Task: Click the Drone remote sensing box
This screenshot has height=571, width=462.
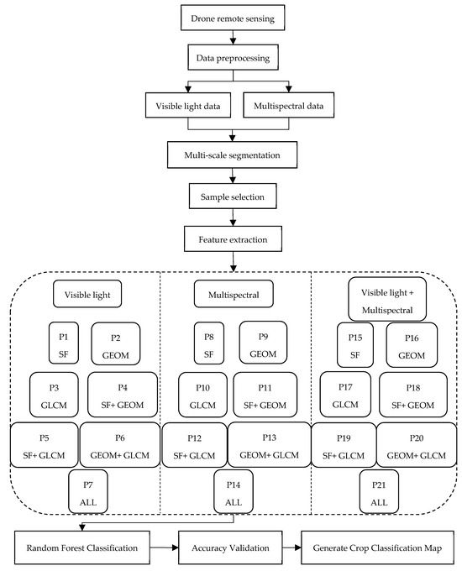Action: (233, 18)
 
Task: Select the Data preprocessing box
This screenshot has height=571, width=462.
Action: (233, 57)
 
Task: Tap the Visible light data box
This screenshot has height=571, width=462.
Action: (188, 105)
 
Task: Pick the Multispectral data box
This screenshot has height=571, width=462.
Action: (289, 105)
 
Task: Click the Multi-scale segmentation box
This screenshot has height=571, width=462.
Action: (232, 155)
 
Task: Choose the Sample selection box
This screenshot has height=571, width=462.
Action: (233, 196)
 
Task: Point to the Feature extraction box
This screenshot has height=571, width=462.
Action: (233, 238)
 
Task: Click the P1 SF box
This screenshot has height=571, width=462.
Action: (64, 343)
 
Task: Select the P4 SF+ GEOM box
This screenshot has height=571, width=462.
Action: (123, 395)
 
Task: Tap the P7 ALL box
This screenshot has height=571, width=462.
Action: (88, 491)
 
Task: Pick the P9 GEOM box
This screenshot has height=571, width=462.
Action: (263, 343)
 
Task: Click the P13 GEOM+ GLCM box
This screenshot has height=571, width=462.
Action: (270, 445)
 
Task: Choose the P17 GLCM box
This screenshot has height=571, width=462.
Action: (345, 395)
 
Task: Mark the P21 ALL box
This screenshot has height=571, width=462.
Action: (379, 491)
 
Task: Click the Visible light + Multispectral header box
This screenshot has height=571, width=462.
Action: (387, 299)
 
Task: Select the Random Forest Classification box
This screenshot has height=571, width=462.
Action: (82, 547)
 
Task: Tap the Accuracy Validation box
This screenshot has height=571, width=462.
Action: (230, 547)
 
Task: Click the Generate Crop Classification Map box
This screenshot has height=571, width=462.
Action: (377, 547)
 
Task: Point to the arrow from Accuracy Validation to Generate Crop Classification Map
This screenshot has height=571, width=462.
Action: (291, 547)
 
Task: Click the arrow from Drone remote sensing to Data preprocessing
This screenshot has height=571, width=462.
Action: (233, 38)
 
